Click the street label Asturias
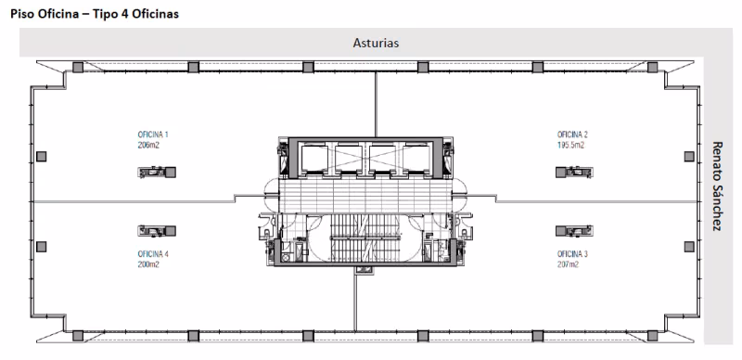[x=376, y=43]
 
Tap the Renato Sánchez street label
[x=717, y=186]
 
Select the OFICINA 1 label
[x=153, y=135]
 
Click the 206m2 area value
[x=148, y=146]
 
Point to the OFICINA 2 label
[x=572, y=135]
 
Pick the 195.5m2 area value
[x=570, y=146]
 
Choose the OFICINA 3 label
[x=572, y=254]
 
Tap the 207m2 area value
[x=568, y=264]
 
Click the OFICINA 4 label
[x=153, y=254]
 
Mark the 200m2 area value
[x=148, y=264]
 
